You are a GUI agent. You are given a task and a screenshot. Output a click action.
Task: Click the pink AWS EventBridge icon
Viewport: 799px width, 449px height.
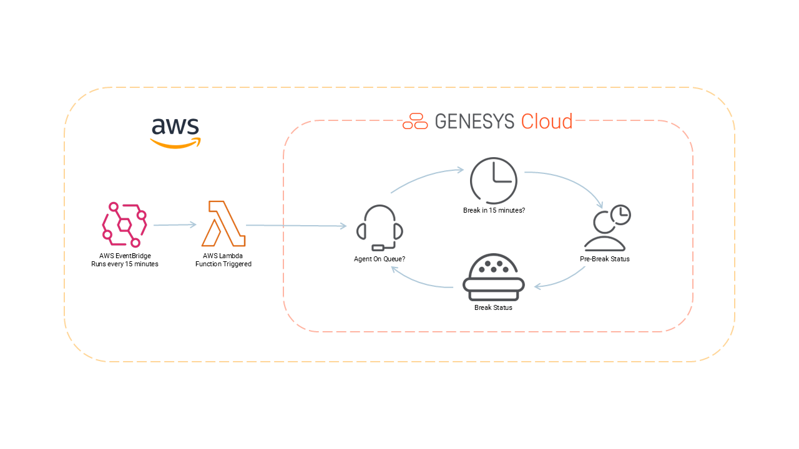124,223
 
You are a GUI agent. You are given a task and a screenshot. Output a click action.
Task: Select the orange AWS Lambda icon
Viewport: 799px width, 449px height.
223,224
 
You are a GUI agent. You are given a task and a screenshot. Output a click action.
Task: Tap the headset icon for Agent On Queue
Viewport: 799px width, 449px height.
379,228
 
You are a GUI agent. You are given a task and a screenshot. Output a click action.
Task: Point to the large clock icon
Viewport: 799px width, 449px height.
493,180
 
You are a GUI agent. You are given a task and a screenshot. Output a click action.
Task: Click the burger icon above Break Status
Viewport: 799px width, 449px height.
493,277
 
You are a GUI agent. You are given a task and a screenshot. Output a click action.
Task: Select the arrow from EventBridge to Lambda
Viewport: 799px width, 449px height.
175,224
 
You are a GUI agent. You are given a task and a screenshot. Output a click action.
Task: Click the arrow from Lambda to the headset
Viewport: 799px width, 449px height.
296,226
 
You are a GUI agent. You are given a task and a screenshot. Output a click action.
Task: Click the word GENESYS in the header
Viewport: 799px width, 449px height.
475,121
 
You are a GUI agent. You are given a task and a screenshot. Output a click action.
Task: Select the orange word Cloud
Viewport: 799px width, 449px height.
547,121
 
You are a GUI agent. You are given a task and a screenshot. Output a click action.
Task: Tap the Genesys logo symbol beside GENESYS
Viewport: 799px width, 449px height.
415,121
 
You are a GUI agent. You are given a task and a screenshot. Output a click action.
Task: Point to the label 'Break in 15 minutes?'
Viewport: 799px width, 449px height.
494,210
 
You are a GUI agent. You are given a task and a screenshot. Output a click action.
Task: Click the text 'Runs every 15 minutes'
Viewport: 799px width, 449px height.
125,264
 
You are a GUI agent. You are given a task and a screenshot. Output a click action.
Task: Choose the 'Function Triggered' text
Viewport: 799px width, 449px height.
223,264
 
